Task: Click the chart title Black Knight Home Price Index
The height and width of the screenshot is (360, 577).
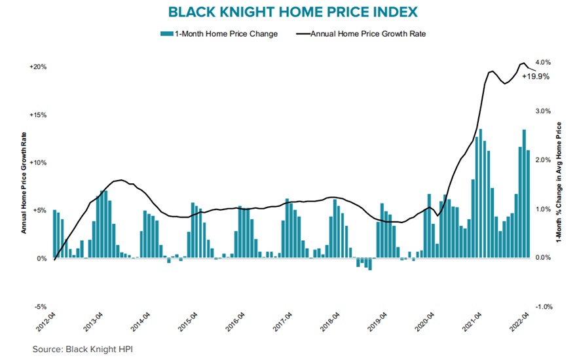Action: point(288,12)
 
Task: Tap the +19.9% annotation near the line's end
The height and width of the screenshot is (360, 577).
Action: point(535,77)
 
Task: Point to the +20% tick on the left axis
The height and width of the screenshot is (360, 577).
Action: point(37,67)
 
